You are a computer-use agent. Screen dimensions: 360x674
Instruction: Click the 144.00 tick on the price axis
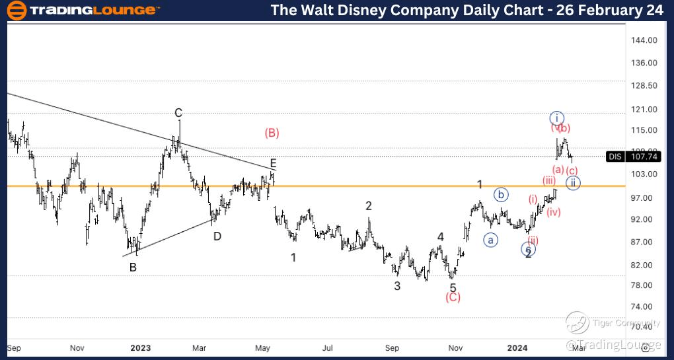click(643, 40)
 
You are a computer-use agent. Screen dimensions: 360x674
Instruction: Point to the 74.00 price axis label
click(643, 307)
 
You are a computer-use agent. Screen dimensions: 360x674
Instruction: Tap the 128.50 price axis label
click(643, 87)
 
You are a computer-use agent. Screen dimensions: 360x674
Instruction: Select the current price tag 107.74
click(643, 157)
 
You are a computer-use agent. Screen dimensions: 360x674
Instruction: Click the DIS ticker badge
click(615, 157)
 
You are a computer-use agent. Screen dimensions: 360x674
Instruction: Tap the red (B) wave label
click(272, 133)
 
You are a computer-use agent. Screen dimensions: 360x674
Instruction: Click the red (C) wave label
click(453, 297)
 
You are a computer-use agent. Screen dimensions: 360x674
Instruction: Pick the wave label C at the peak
click(178, 113)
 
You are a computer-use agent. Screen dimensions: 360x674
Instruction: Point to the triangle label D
click(217, 235)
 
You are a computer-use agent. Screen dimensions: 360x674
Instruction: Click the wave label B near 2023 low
click(133, 268)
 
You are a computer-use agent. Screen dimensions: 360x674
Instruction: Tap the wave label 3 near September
click(397, 285)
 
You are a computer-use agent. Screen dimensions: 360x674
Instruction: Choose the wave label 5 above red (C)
click(453, 287)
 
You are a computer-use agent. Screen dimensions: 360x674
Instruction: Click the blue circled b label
click(502, 194)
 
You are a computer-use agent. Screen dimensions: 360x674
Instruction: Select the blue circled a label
click(490, 239)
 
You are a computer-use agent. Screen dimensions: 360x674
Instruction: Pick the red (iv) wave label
click(554, 212)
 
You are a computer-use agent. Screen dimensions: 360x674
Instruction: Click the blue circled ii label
click(573, 183)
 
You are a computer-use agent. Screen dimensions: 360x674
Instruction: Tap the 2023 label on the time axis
click(140, 347)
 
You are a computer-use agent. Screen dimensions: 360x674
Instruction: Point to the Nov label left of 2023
click(77, 347)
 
